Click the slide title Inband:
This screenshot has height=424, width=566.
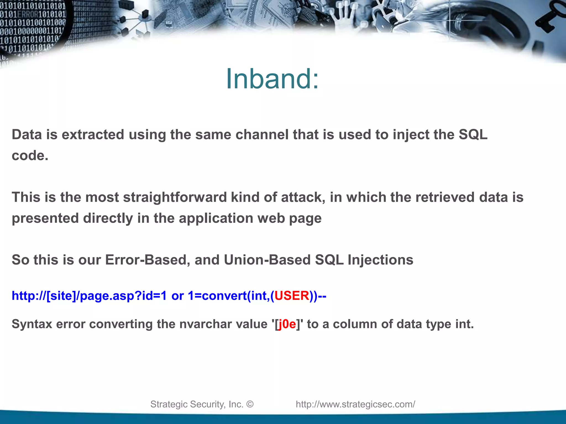pyautogui.click(x=272, y=79)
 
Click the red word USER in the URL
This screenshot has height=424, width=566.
pyautogui.click(x=292, y=296)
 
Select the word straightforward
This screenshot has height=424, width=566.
pyautogui.click(x=175, y=198)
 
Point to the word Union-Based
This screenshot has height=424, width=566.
pyautogui.click(x=267, y=260)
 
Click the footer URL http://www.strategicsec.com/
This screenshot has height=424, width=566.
pyautogui.click(x=355, y=404)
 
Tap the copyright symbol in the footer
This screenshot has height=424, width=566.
pyautogui.click(x=250, y=404)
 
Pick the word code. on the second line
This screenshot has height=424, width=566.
pyautogui.click(x=30, y=156)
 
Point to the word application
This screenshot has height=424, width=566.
pyautogui.click(x=216, y=219)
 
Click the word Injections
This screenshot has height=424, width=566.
pyautogui.click(x=380, y=260)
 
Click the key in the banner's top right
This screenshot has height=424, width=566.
pyautogui.click(x=550, y=17)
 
